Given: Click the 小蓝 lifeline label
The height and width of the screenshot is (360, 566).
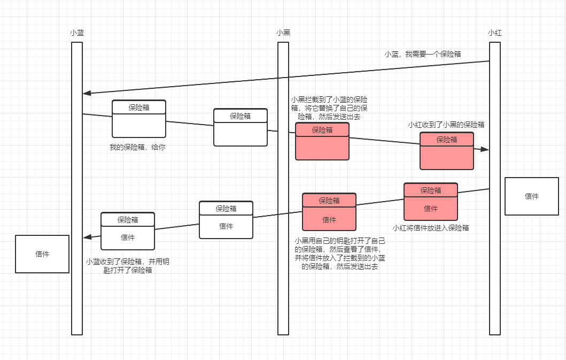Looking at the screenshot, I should (77, 33).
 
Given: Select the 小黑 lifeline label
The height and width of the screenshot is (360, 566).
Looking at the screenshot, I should (283, 33).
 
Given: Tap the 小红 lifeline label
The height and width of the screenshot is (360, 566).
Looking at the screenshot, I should (495, 33).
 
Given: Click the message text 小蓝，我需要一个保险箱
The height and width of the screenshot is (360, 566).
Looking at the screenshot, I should (423, 54).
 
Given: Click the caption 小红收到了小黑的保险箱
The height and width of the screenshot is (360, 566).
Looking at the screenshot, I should (446, 125).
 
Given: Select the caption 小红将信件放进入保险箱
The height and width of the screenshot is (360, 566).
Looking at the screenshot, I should (431, 227).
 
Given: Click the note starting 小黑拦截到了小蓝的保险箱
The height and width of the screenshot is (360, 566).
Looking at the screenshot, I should (329, 108).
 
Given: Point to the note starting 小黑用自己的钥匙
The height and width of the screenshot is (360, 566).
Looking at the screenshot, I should (340, 254).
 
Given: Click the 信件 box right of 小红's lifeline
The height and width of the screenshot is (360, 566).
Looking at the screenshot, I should (532, 196).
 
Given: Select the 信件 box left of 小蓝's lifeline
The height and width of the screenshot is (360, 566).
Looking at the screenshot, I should (42, 254).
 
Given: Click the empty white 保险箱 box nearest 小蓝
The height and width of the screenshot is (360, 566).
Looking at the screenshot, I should (139, 119).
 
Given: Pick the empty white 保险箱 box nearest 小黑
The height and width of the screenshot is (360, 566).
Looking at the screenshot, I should (241, 127).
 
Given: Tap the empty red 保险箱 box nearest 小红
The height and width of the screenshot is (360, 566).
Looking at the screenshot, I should (447, 151).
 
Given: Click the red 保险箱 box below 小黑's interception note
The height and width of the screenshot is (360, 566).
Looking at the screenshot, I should (322, 141).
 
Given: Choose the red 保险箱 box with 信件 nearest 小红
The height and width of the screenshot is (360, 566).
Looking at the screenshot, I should (431, 202).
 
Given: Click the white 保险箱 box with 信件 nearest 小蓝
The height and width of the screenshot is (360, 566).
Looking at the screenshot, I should (128, 231).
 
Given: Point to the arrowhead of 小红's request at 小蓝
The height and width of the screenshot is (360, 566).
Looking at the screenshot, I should (86, 94).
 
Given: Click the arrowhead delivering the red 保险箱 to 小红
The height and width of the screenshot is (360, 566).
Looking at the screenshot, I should (486, 150).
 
